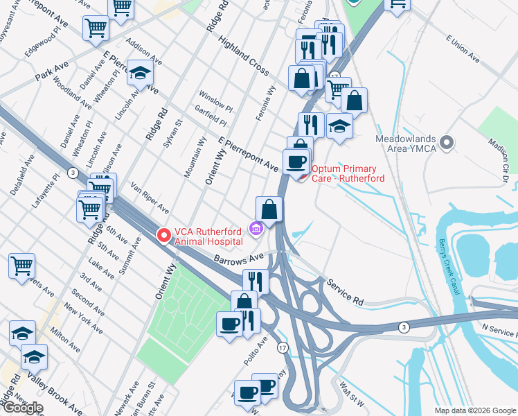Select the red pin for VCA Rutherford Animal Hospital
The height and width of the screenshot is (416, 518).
pos(164,236)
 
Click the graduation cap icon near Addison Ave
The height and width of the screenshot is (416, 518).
pos(141,73)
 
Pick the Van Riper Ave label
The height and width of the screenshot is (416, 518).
pos(150,198)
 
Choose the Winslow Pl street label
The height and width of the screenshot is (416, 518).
pos(215,101)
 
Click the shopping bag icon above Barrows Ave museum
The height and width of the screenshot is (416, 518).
pos(269,208)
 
